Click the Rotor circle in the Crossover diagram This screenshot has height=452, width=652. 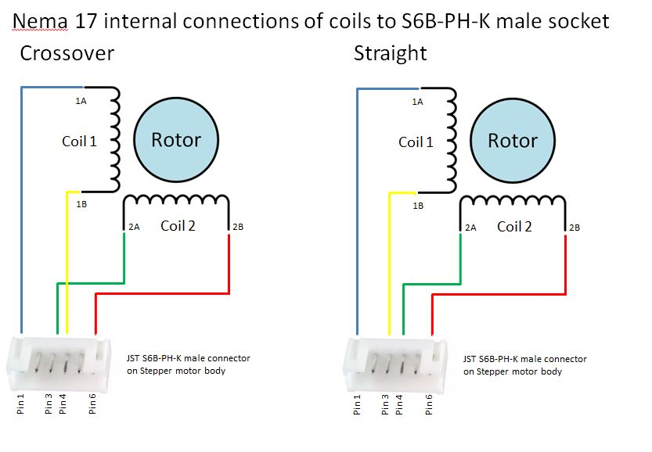[176, 140]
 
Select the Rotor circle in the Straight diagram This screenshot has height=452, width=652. [512, 141]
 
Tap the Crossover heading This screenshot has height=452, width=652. [67, 53]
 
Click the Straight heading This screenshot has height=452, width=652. [390, 54]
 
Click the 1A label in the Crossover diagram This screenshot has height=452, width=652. [81, 101]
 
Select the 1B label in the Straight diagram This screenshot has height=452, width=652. [418, 206]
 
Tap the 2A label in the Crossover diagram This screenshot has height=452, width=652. [134, 227]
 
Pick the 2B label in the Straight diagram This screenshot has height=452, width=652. [575, 228]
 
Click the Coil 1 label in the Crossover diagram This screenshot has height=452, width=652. [79, 142]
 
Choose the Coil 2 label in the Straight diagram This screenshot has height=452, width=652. [514, 227]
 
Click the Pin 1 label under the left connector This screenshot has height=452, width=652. [20, 404]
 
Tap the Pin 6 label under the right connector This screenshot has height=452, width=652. [429, 404]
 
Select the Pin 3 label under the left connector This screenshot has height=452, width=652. [49, 404]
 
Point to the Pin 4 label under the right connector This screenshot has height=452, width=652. [398, 404]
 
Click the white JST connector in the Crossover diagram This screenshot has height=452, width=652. [59, 364]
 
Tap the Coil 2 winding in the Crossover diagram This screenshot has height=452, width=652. [176, 199]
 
